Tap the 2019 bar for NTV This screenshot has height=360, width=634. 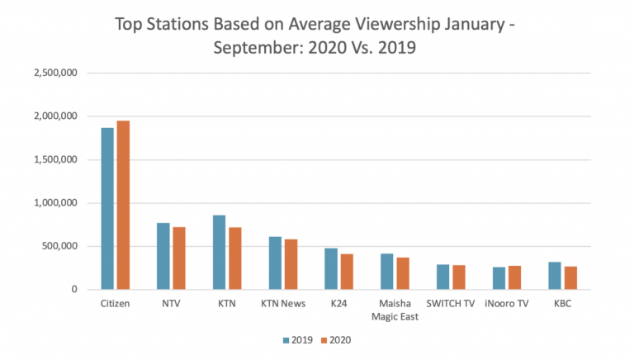(x=163, y=256)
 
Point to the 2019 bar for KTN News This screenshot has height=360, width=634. (x=276, y=263)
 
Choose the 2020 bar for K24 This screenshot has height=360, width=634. (x=347, y=272)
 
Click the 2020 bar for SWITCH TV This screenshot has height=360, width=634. (x=459, y=277)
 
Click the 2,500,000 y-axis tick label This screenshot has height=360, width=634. (x=55, y=73)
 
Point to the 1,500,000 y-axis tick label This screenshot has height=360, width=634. (x=55, y=159)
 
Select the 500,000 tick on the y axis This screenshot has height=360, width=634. (x=60, y=246)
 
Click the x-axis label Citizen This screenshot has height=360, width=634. (x=116, y=303)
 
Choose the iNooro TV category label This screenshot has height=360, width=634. (x=508, y=303)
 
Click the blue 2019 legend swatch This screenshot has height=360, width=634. (x=285, y=339)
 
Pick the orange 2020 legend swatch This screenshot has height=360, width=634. (x=325, y=339)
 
